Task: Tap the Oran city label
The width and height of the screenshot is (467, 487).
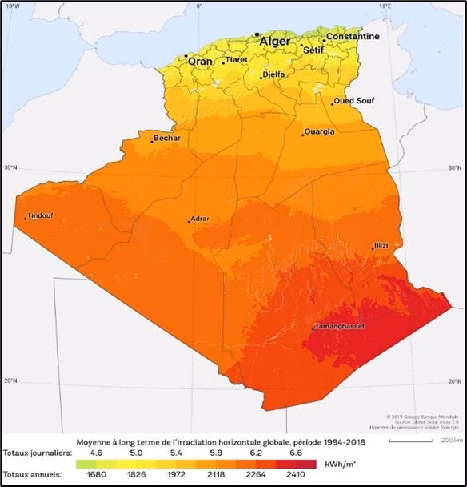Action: pos(200,61)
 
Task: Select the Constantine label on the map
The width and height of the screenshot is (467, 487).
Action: pos(353,37)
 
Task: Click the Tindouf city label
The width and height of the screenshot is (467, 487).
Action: pos(41,215)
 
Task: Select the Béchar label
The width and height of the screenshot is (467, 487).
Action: pos(167,138)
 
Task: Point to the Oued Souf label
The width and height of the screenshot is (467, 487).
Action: pos(354,101)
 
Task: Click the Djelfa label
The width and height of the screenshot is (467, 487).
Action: pos(274,75)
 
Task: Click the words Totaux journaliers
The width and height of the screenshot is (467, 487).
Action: pos(34,453)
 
